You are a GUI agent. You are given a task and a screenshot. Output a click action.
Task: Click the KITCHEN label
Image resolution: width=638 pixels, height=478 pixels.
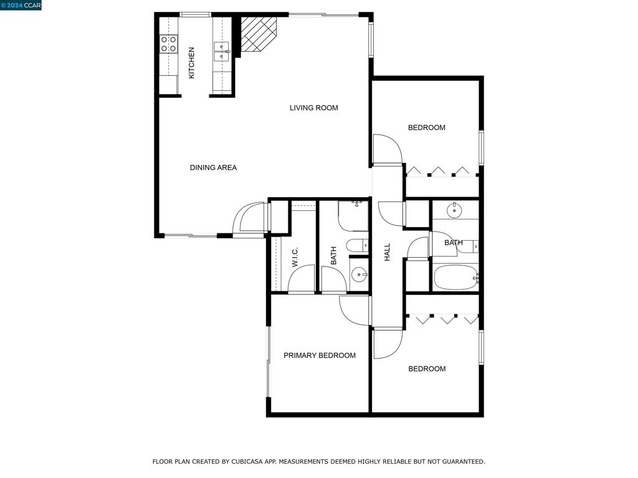192,63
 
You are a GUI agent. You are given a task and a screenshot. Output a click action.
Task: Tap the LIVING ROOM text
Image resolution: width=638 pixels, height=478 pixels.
314,108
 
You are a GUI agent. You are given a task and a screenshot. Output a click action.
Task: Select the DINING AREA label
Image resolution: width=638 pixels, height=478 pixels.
213,167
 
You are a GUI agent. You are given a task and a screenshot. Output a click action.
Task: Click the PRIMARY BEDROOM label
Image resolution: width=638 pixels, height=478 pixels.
320,355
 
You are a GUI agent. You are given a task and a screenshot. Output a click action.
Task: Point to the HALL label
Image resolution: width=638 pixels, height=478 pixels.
387,252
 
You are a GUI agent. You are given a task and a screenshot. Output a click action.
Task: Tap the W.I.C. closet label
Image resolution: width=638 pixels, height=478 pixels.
295,257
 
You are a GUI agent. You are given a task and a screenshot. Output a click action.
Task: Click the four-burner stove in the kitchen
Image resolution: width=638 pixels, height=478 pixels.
168,44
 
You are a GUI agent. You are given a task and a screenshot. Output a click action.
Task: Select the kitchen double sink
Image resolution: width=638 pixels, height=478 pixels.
222,52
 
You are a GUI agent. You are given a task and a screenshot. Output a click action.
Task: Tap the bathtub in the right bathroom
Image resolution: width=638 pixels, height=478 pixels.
456,277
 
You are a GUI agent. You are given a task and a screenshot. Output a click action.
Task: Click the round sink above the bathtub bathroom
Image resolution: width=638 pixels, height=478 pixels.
454,210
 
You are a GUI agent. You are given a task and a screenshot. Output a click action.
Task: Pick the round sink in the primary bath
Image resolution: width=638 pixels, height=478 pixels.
359,274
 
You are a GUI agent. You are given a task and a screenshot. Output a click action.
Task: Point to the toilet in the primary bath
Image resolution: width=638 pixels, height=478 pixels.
357,245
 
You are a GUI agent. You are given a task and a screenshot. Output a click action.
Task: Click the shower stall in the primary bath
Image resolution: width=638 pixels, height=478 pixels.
353,216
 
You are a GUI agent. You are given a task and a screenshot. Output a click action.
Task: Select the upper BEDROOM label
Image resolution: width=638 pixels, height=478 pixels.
426,128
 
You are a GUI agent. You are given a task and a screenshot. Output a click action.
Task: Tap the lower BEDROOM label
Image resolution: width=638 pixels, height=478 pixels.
427,368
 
